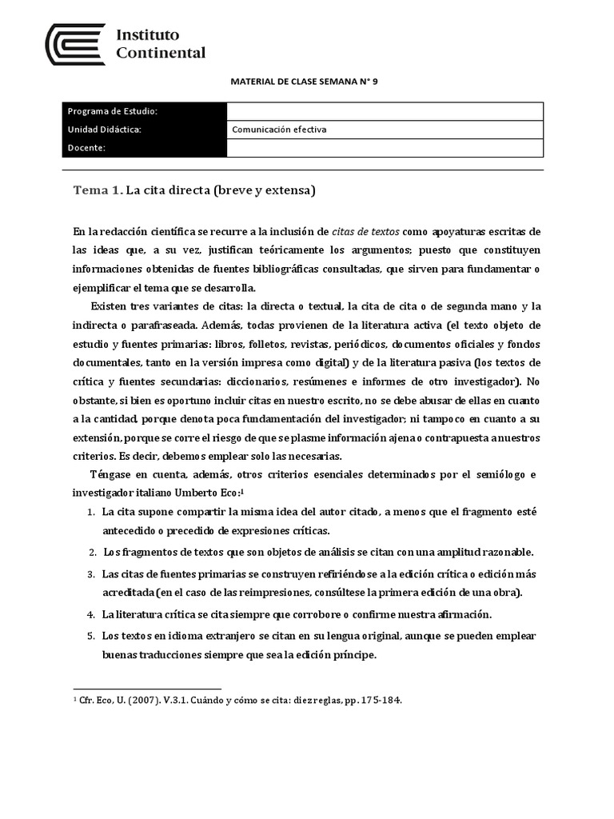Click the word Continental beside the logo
pos(161,53)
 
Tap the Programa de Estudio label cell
pos(145,111)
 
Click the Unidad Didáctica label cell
pos(145,129)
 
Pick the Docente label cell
pos(145,147)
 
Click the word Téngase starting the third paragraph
pos(114,474)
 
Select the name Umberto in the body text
pos(190,493)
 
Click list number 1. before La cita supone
pos(91,512)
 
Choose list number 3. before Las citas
pos(91,574)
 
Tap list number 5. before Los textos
pos(91,636)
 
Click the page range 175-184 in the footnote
pos(381,700)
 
